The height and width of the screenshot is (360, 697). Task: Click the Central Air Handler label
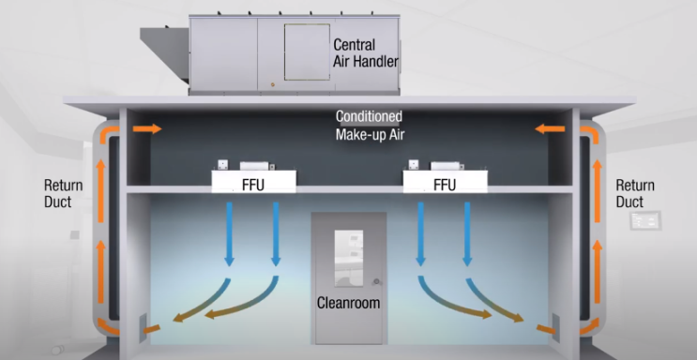pos(366,52)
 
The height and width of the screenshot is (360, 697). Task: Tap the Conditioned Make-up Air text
pos(369,126)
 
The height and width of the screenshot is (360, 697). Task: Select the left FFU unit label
pos(251,185)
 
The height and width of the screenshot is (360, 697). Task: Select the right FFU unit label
pos(444,185)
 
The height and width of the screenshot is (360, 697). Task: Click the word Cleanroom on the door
pos(349,306)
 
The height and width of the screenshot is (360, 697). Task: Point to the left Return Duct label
pos(64,193)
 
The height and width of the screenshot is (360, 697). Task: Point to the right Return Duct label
pos(635,193)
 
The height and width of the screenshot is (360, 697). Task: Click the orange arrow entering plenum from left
pos(145,128)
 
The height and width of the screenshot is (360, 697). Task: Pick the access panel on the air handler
pos(307,52)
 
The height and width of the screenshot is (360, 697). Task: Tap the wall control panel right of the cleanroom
pos(646,222)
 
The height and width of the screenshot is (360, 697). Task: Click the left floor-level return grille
pos(144,326)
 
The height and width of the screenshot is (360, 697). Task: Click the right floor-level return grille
pos(553,326)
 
